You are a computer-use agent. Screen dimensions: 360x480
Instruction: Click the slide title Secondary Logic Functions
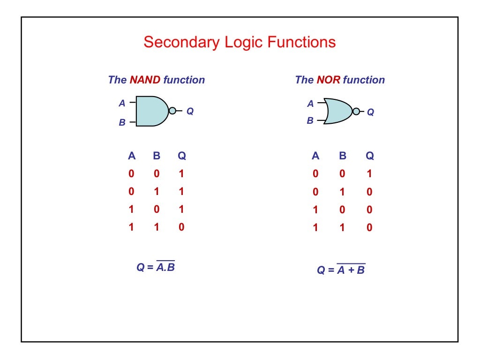pos(240,42)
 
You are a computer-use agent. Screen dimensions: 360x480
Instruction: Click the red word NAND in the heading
pos(145,80)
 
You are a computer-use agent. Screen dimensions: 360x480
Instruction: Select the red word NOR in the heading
pos(328,80)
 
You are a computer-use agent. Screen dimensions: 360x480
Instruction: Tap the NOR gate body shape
pos(337,111)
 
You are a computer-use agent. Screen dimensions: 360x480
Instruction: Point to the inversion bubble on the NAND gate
pos(172,111)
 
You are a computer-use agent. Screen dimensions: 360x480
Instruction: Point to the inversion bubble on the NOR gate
pos(356,112)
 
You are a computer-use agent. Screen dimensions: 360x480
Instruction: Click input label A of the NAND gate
pos(122,103)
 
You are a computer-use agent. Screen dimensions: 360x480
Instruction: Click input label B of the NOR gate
pos(310,121)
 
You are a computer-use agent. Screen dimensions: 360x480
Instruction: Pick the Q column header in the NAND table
pos(181,156)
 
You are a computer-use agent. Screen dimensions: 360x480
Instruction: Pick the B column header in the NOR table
pos(342,156)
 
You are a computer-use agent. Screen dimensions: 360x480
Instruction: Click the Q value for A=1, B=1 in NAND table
pos(181,227)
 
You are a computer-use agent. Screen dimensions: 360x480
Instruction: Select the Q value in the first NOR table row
pos(369,174)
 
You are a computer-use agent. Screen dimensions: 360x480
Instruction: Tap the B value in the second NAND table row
pos(157,192)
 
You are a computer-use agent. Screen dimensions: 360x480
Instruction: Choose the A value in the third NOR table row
pos(315,210)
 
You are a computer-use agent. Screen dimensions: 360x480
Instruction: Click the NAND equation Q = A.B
pos(156,267)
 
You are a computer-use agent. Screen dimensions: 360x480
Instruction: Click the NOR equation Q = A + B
pos(341,270)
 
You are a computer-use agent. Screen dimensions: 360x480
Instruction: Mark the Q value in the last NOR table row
pos(369,228)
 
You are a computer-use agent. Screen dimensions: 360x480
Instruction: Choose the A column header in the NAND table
pos(131,156)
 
